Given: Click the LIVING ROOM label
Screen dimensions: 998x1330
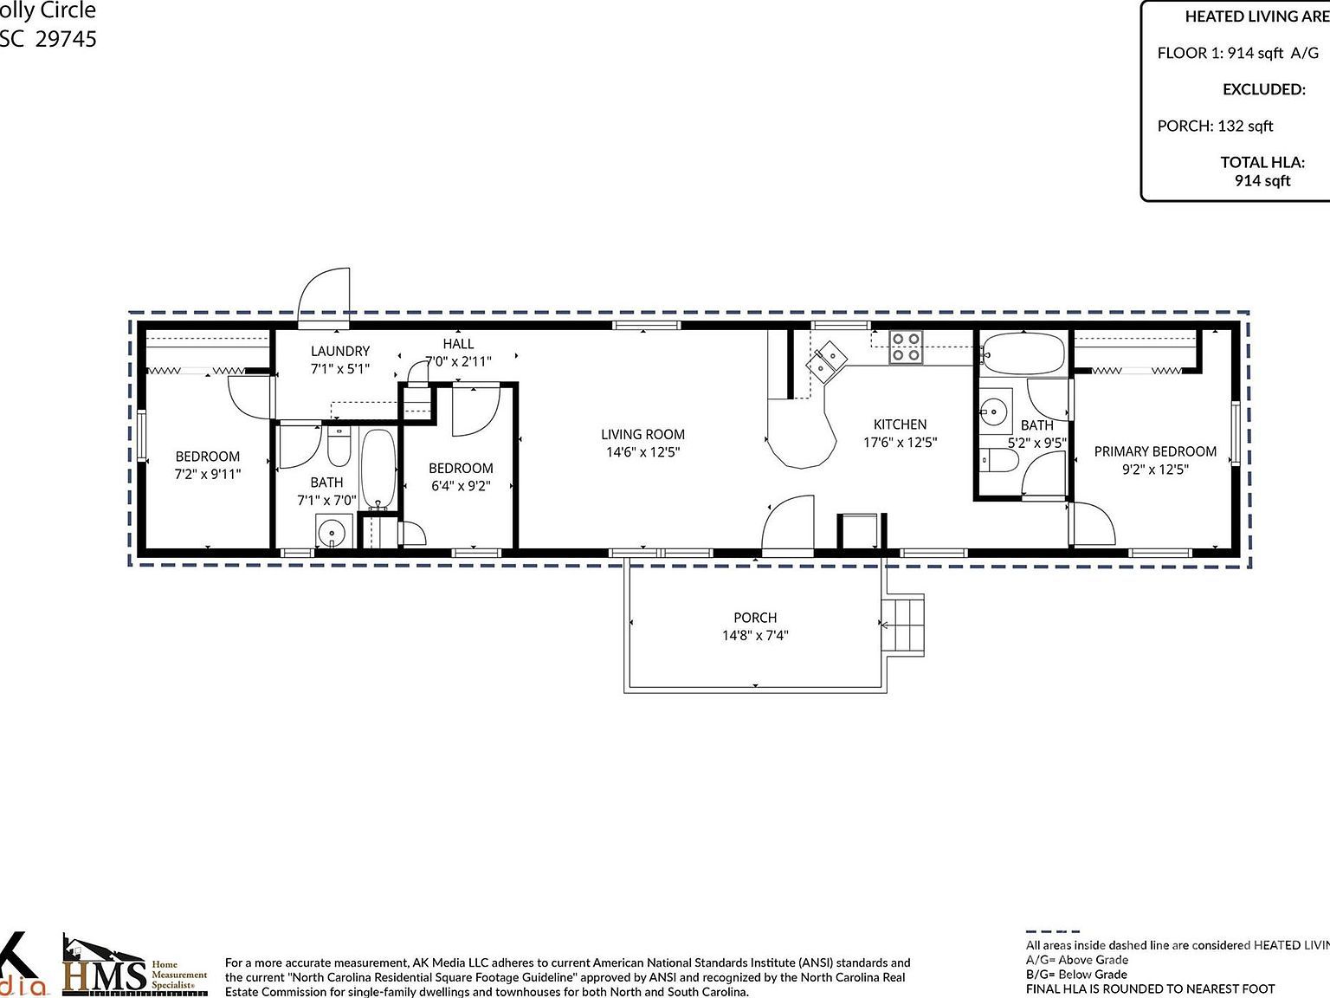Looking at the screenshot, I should coord(642,434).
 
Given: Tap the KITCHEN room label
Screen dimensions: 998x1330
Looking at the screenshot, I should coord(900,424).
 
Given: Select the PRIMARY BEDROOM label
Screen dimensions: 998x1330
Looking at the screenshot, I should coord(1155,451).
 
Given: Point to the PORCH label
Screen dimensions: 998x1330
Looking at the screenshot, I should coord(755,618).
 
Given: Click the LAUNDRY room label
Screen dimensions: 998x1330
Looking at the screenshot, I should coord(340,351).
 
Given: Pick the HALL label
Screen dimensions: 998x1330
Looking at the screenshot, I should coord(458,344).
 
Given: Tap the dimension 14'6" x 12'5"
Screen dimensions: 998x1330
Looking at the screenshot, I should coord(642,452).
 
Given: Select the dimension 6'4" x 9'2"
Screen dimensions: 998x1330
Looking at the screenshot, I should coord(461,486).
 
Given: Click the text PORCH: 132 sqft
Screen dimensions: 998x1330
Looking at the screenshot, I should coord(1215,126).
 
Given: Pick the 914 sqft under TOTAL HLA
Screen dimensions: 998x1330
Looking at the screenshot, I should coord(1262,180).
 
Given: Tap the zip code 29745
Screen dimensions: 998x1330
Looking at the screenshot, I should coord(66,39).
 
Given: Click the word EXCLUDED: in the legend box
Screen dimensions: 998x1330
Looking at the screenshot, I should coord(1263,89).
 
